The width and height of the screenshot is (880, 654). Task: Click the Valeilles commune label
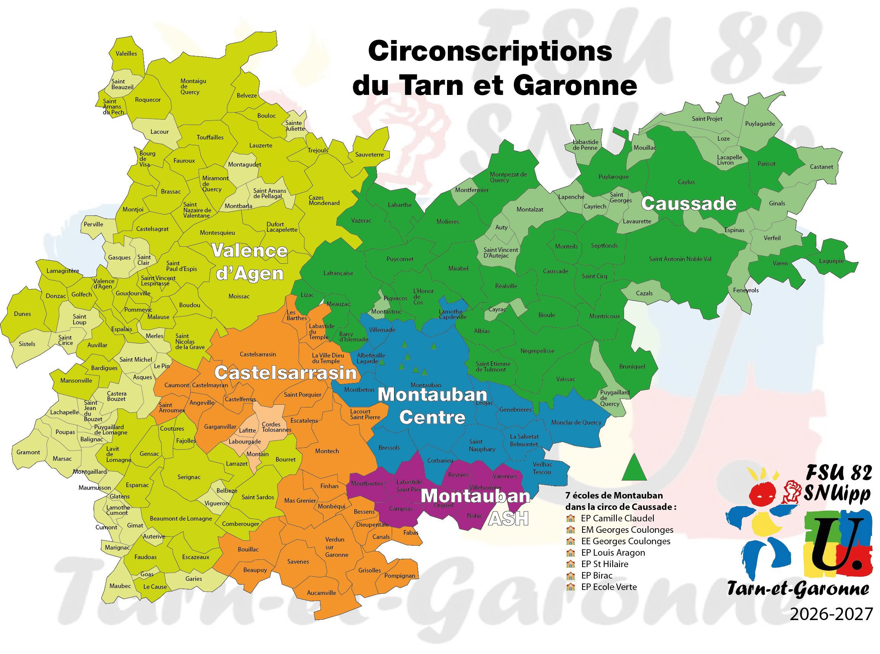click(x=126, y=53)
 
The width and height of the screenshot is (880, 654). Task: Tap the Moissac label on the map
click(x=239, y=297)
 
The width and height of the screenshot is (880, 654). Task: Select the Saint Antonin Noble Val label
click(x=680, y=259)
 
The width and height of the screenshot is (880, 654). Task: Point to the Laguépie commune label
click(x=831, y=261)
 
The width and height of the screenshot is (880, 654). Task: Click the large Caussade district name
click(x=689, y=204)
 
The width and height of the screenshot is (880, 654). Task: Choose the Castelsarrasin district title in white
click(x=285, y=373)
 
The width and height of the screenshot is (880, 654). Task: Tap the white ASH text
click(x=508, y=519)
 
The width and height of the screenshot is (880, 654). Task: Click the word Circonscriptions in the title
click(x=490, y=51)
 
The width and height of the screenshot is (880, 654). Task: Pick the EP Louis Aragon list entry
click(x=613, y=553)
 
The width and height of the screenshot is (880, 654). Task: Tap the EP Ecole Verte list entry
click(x=608, y=587)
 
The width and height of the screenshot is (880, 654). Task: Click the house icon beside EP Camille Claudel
click(x=571, y=518)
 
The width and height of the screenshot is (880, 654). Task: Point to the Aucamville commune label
click(x=321, y=593)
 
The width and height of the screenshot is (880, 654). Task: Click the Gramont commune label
click(x=28, y=452)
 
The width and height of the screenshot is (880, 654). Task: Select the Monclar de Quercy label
click(x=576, y=423)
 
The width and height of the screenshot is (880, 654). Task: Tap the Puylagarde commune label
click(x=759, y=124)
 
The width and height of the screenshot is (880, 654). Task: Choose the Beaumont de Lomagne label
click(x=181, y=519)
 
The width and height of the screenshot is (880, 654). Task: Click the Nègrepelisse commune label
click(x=537, y=351)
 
